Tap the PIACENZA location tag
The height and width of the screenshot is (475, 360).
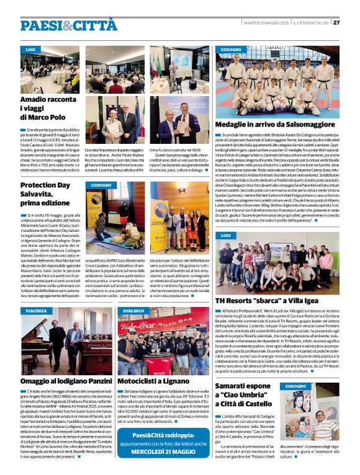pyautogui.click(x=36, y=310)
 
